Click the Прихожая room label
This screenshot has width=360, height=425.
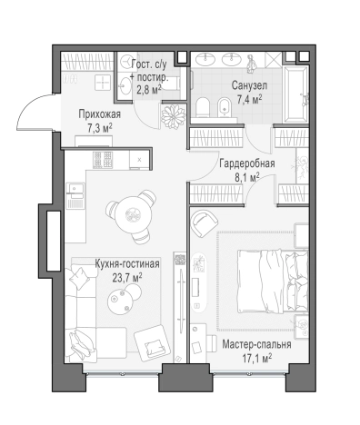click(99, 114)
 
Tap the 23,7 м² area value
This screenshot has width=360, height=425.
click(127, 278)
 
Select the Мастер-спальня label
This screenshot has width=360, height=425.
click(256, 344)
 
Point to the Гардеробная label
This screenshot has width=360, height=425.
click(247, 163)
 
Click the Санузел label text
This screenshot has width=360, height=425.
click(249, 85)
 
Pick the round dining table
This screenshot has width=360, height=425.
click(134, 214)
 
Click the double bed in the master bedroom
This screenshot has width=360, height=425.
click(273, 281)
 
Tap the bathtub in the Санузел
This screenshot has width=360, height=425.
click(295, 94)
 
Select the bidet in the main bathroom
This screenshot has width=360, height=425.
click(225, 107)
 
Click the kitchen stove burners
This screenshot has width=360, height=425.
click(103, 160)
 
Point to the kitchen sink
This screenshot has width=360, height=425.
click(75, 188)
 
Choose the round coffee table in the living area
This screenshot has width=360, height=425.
click(121, 300)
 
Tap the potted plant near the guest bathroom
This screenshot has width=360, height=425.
click(173, 116)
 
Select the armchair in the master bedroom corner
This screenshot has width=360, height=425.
click(205, 223)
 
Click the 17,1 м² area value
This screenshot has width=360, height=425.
click(256, 359)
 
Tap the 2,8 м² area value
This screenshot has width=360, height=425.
click(149, 90)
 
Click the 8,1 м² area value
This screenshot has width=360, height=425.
click(247, 177)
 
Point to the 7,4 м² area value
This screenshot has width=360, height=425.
click(249, 99)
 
